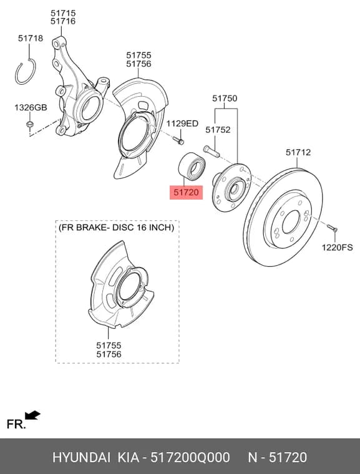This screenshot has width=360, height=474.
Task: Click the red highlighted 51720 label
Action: pyautogui.click(x=186, y=193)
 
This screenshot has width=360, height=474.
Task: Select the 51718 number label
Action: pyautogui.click(x=31, y=39)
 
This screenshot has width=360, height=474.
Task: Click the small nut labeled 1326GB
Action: pyautogui.click(x=30, y=124)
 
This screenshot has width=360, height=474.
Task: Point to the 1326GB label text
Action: pyautogui.click(x=31, y=107)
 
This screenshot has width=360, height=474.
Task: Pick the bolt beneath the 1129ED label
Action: pyautogui.click(x=178, y=140)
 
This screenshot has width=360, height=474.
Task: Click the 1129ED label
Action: pyautogui.click(x=182, y=123)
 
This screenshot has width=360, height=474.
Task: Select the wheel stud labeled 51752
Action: pyautogui.click(x=211, y=151)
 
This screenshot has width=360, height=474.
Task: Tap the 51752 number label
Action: pyautogui.click(x=218, y=130)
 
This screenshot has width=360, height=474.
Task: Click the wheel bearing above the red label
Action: pyautogui.click(x=192, y=167)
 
